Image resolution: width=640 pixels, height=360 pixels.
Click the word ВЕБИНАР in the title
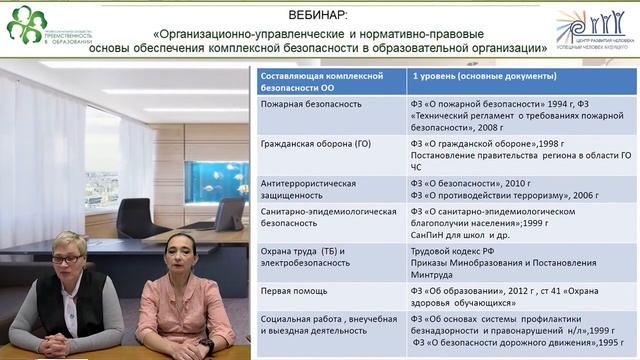pos(319,15)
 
